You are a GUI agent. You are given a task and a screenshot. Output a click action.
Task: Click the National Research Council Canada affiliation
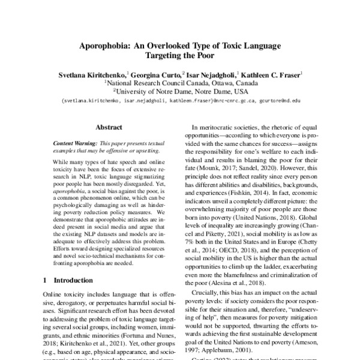[160, 83]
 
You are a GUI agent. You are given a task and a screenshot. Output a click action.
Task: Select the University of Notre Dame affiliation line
[181, 92]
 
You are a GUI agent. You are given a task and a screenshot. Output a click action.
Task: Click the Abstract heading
[109, 128]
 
